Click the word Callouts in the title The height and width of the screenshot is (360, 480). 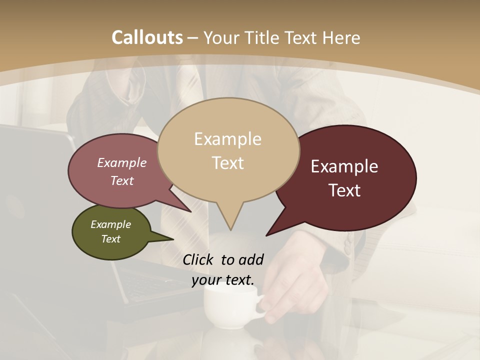tap(147, 37)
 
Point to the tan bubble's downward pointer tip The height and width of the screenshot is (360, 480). tap(230, 229)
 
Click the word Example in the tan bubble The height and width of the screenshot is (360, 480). tap(227, 139)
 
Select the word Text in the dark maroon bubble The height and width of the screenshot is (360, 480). tap(344, 190)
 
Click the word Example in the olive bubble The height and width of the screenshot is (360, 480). tap(110, 224)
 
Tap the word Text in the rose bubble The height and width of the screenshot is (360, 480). tap(122, 180)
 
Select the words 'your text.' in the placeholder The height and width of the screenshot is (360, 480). tap(222, 280)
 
